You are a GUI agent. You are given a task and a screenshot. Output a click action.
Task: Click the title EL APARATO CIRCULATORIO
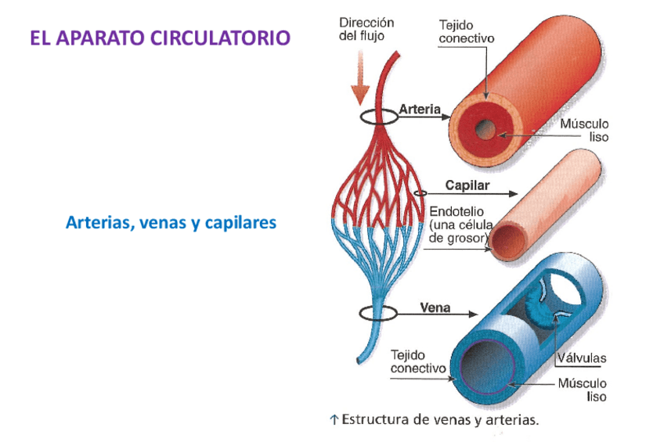[x=160, y=38]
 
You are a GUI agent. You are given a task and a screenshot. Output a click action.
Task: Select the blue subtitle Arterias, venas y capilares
[x=171, y=223]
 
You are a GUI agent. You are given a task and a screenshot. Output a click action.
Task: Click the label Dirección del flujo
[x=366, y=29]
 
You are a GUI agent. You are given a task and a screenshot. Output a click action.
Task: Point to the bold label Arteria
[x=420, y=110]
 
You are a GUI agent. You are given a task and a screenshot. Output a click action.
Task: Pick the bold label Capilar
[x=467, y=185]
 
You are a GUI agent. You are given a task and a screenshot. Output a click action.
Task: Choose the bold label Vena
[x=435, y=307]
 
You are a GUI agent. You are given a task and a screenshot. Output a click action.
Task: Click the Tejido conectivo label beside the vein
[x=418, y=361]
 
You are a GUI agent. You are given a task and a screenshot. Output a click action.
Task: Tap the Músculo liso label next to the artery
[x=584, y=130]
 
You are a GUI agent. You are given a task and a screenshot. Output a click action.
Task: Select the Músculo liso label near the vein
[x=582, y=390]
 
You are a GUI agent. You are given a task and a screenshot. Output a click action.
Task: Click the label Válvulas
[x=582, y=358]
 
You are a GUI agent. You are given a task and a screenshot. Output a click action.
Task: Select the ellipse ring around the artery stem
[x=378, y=117]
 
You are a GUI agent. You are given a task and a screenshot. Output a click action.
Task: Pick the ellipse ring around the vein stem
[x=378, y=314]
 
